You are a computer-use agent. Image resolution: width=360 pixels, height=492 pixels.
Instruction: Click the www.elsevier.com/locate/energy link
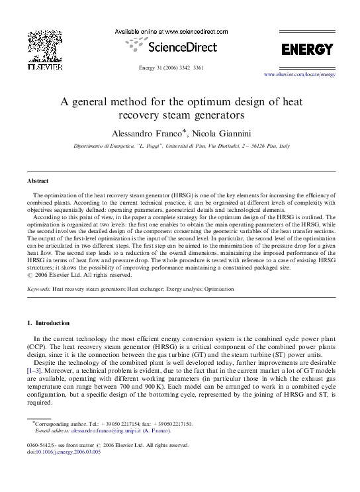point(300,75)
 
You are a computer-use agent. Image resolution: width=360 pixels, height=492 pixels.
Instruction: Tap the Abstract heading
point(38,180)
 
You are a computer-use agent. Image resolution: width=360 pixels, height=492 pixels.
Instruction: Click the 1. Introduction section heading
point(48,323)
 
